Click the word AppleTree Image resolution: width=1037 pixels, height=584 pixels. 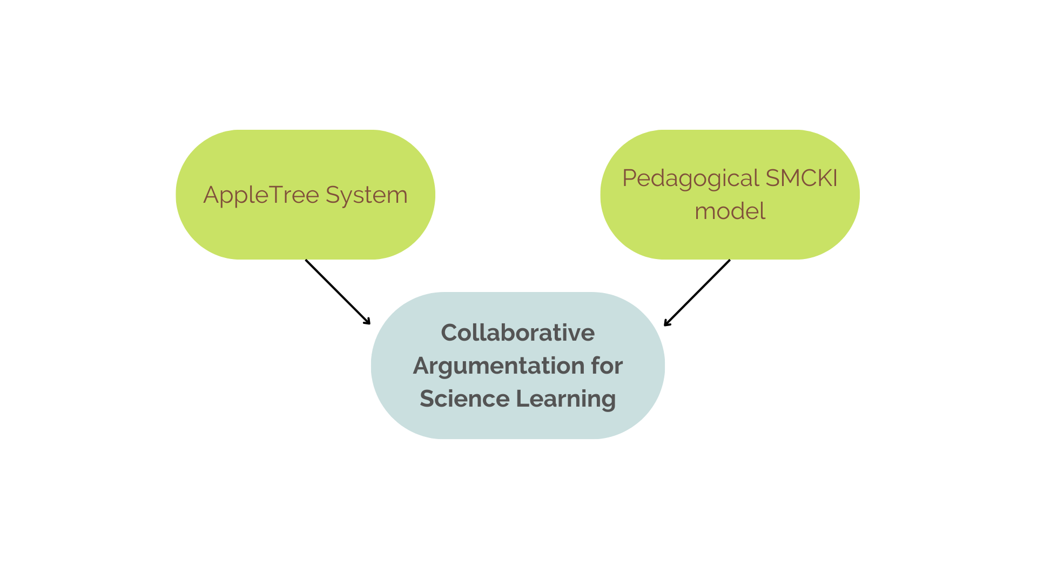point(261,195)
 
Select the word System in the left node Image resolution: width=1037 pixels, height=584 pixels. point(366,195)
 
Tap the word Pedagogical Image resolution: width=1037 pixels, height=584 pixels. point(691,179)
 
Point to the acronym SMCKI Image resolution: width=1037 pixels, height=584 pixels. point(802,178)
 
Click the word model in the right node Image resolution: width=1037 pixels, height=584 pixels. point(730,211)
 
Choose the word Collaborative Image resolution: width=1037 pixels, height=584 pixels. point(517,333)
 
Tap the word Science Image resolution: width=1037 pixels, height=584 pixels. point(464,399)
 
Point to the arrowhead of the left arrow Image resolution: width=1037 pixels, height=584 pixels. point(368,322)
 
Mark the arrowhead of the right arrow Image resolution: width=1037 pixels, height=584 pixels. point(666,323)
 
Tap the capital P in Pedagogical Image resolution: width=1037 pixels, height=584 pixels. point(629,178)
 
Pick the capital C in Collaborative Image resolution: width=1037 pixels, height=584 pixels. point(450,333)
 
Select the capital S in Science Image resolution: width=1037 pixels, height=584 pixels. point(427,399)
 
